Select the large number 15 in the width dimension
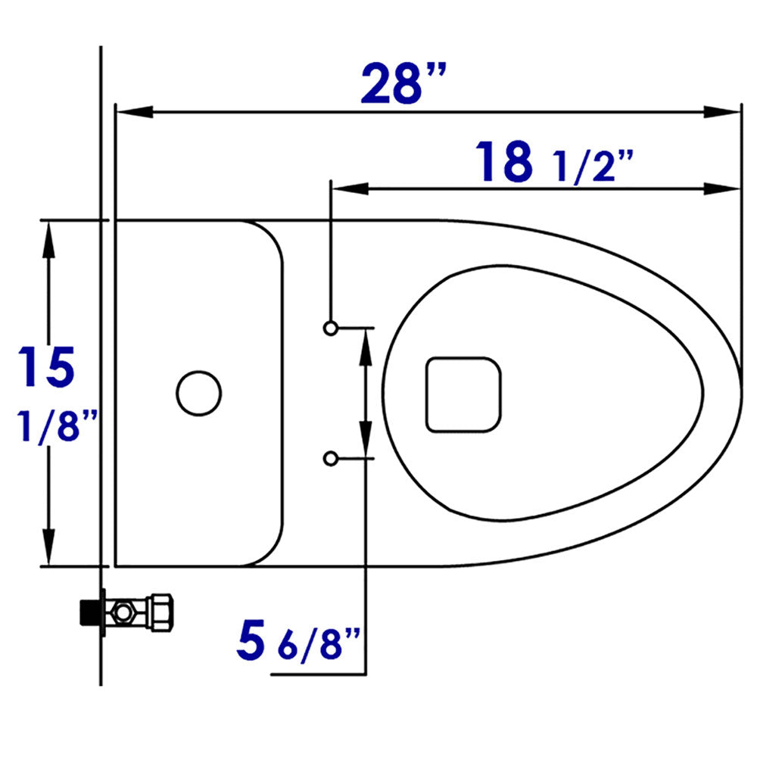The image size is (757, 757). [x=47, y=367]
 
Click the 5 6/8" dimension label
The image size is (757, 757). [x=302, y=640]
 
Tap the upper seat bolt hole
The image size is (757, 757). [x=331, y=328]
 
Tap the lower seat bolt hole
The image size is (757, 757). [x=331, y=458]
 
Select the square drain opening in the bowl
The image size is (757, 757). [x=464, y=394]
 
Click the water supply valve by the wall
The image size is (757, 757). [x=129, y=609]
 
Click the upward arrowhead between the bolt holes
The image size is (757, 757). [x=366, y=345]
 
